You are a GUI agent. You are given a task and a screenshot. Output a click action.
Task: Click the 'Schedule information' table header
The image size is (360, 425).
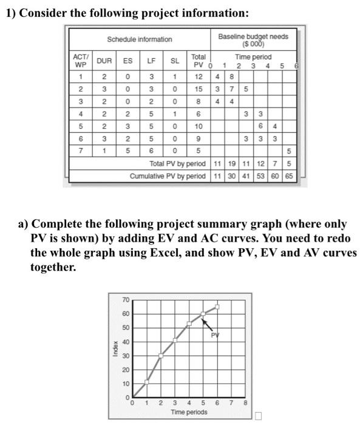click(139, 39)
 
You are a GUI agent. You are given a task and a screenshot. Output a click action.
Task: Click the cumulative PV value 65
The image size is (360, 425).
click(289, 175)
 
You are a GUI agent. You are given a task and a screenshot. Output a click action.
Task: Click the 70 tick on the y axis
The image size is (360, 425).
click(125, 300)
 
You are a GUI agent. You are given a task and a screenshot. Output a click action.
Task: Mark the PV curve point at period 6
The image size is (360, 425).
click(217, 307)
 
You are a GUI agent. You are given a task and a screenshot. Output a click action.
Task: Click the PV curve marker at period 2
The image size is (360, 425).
click(160, 356)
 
